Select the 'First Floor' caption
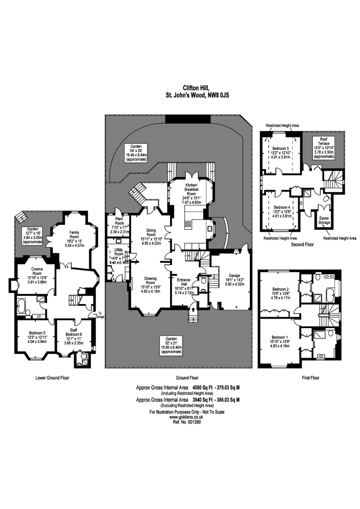[311, 378]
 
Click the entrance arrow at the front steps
[193, 310]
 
